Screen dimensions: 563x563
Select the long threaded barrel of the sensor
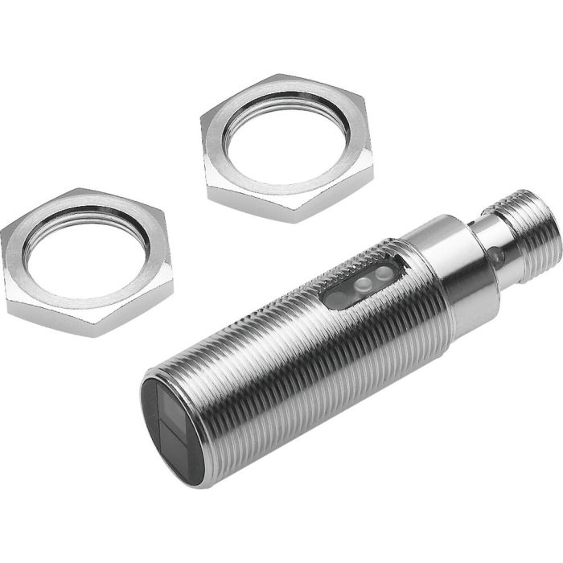pyautogui.click(x=290, y=362)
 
